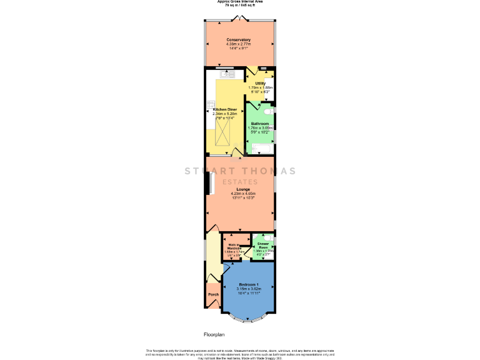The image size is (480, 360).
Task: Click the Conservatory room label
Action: click(x=239, y=40)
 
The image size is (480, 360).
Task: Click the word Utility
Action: click(x=260, y=83)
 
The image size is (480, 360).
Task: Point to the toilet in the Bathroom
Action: click(x=267, y=111)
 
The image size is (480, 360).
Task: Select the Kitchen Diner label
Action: click(x=225, y=109)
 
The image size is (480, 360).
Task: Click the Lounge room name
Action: click(x=243, y=189)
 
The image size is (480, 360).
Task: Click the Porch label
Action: click(x=212, y=295)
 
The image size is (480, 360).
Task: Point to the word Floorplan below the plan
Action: click(x=214, y=335)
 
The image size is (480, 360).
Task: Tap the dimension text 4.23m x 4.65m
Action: click(x=243, y=194)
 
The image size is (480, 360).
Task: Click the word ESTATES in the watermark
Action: click(x=239, y=182)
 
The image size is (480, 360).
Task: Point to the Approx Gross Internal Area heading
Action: click(x=239, y=2)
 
